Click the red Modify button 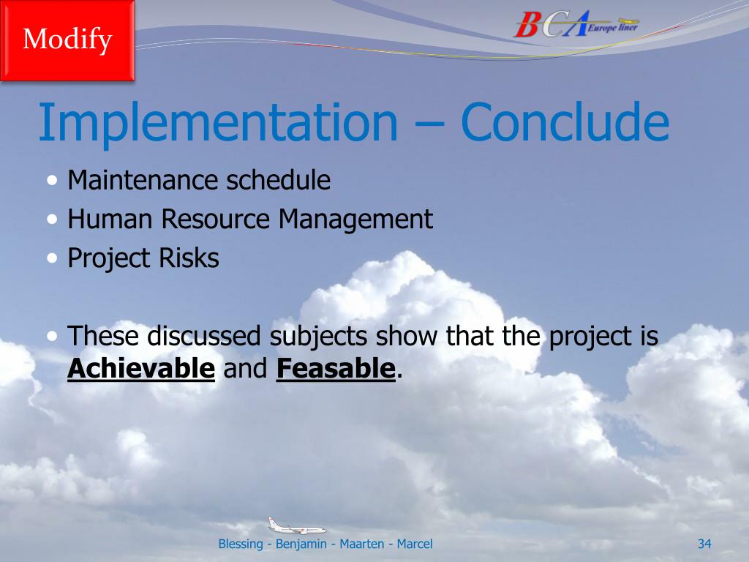point(67,40)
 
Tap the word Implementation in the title point(218,123)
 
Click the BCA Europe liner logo point(576,24)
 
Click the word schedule point(279,180)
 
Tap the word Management point(356,220)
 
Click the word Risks point(189,258)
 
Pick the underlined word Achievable point(141,368)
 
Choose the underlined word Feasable point(336,368)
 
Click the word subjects point(319,337)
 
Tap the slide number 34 point(704,544)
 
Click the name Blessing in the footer point(240,544)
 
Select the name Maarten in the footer point(361,544)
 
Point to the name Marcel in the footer point(415,544)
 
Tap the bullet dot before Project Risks point(53,258)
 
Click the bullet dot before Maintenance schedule point(53,181)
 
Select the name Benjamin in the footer point(301,544)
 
